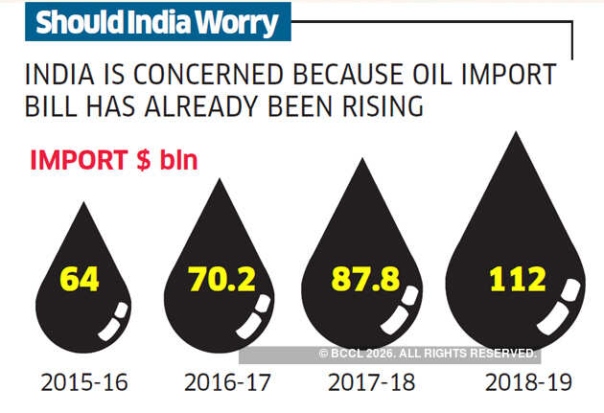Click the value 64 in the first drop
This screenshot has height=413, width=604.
point(81,279)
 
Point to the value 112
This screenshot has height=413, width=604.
point(517,279)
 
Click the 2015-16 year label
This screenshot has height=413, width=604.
point(84,382)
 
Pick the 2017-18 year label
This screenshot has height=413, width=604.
point(372,382)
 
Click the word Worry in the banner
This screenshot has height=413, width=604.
point(231,23)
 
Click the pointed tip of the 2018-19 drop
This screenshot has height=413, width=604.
point(518,134)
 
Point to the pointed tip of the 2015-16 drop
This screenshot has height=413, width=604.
point(82,204)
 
